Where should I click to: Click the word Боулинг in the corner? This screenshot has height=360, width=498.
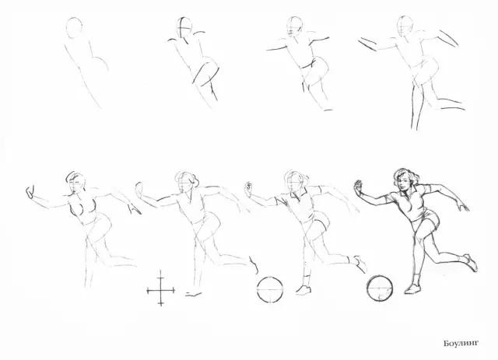click(x=461, y=344)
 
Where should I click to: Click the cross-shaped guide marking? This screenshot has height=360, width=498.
click(x=161, y=290)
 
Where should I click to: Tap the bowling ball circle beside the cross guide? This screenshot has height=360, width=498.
click(x=270, y=289)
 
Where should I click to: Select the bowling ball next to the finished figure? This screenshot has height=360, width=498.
click(x=380, y=288)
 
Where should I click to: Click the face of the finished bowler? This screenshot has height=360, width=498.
click(x=403, y=183)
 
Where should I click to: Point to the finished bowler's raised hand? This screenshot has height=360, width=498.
click(x=359, y=188)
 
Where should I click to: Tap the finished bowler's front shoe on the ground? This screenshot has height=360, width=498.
click(x=413, y=289)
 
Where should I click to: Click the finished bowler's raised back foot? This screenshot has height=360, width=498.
click(x=471, y=262)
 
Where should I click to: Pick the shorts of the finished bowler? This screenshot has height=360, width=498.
click(x=426, y=220)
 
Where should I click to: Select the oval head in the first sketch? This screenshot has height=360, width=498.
click(x=75, y=28)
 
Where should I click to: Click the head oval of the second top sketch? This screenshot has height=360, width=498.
click(x=184, y=28)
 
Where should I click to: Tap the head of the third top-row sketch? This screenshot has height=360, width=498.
click(x=294, y=26)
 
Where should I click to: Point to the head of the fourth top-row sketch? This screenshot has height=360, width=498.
click(x=405, y=26)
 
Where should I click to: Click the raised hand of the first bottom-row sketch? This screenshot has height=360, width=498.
click(x=30, y=192)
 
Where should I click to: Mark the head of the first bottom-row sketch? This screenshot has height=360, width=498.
click(x=75, y=183)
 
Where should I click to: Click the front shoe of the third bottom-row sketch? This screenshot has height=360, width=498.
click(x=303, y=290)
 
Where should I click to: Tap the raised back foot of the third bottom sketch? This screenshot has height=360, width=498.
click(x=359, y=264)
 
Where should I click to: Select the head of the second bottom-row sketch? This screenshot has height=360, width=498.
click(x=186, y=182)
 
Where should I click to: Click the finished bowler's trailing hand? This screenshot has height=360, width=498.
click(x=464, y=206)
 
